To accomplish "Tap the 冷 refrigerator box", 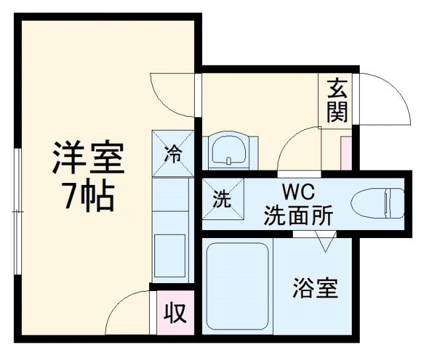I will [173, 153].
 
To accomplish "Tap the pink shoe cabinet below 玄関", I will [345, 152].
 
